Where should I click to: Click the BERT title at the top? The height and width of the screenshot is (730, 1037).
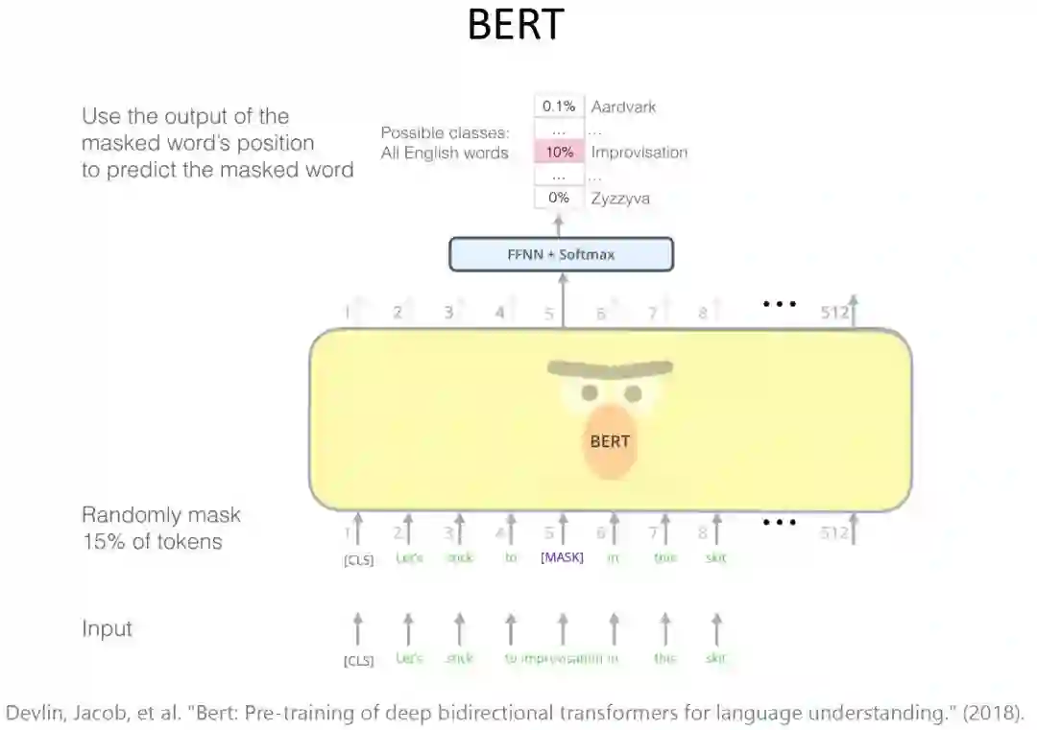tap(515, 27)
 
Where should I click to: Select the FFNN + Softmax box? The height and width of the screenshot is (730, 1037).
tap(561, 254)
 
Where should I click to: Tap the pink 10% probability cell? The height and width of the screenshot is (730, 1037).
tap(559, 152)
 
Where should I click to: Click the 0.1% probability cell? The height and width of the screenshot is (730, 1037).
tap(559, 106)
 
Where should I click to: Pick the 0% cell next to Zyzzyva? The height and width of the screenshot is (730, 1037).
tap(559, 198)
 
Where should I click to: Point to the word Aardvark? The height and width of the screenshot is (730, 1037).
tap(623, 106)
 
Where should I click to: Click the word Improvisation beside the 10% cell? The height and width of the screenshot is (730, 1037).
tap(639, 152)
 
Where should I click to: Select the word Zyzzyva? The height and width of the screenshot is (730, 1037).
tap(619, 198)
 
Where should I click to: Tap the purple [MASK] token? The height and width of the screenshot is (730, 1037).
tap(563, 557)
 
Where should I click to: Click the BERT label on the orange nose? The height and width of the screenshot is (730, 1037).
tap(610, 441)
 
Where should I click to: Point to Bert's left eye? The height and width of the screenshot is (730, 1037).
tap(589, 392)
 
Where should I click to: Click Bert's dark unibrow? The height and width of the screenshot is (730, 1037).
tap(610, 367)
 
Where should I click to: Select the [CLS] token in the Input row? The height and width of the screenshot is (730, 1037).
tap(358, 660)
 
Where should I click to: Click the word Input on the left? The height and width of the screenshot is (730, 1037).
tap(107, 629)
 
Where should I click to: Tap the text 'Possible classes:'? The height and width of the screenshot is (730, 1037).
tap(445, 133)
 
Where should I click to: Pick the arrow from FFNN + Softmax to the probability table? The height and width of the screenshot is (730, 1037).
tap(561, 224)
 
